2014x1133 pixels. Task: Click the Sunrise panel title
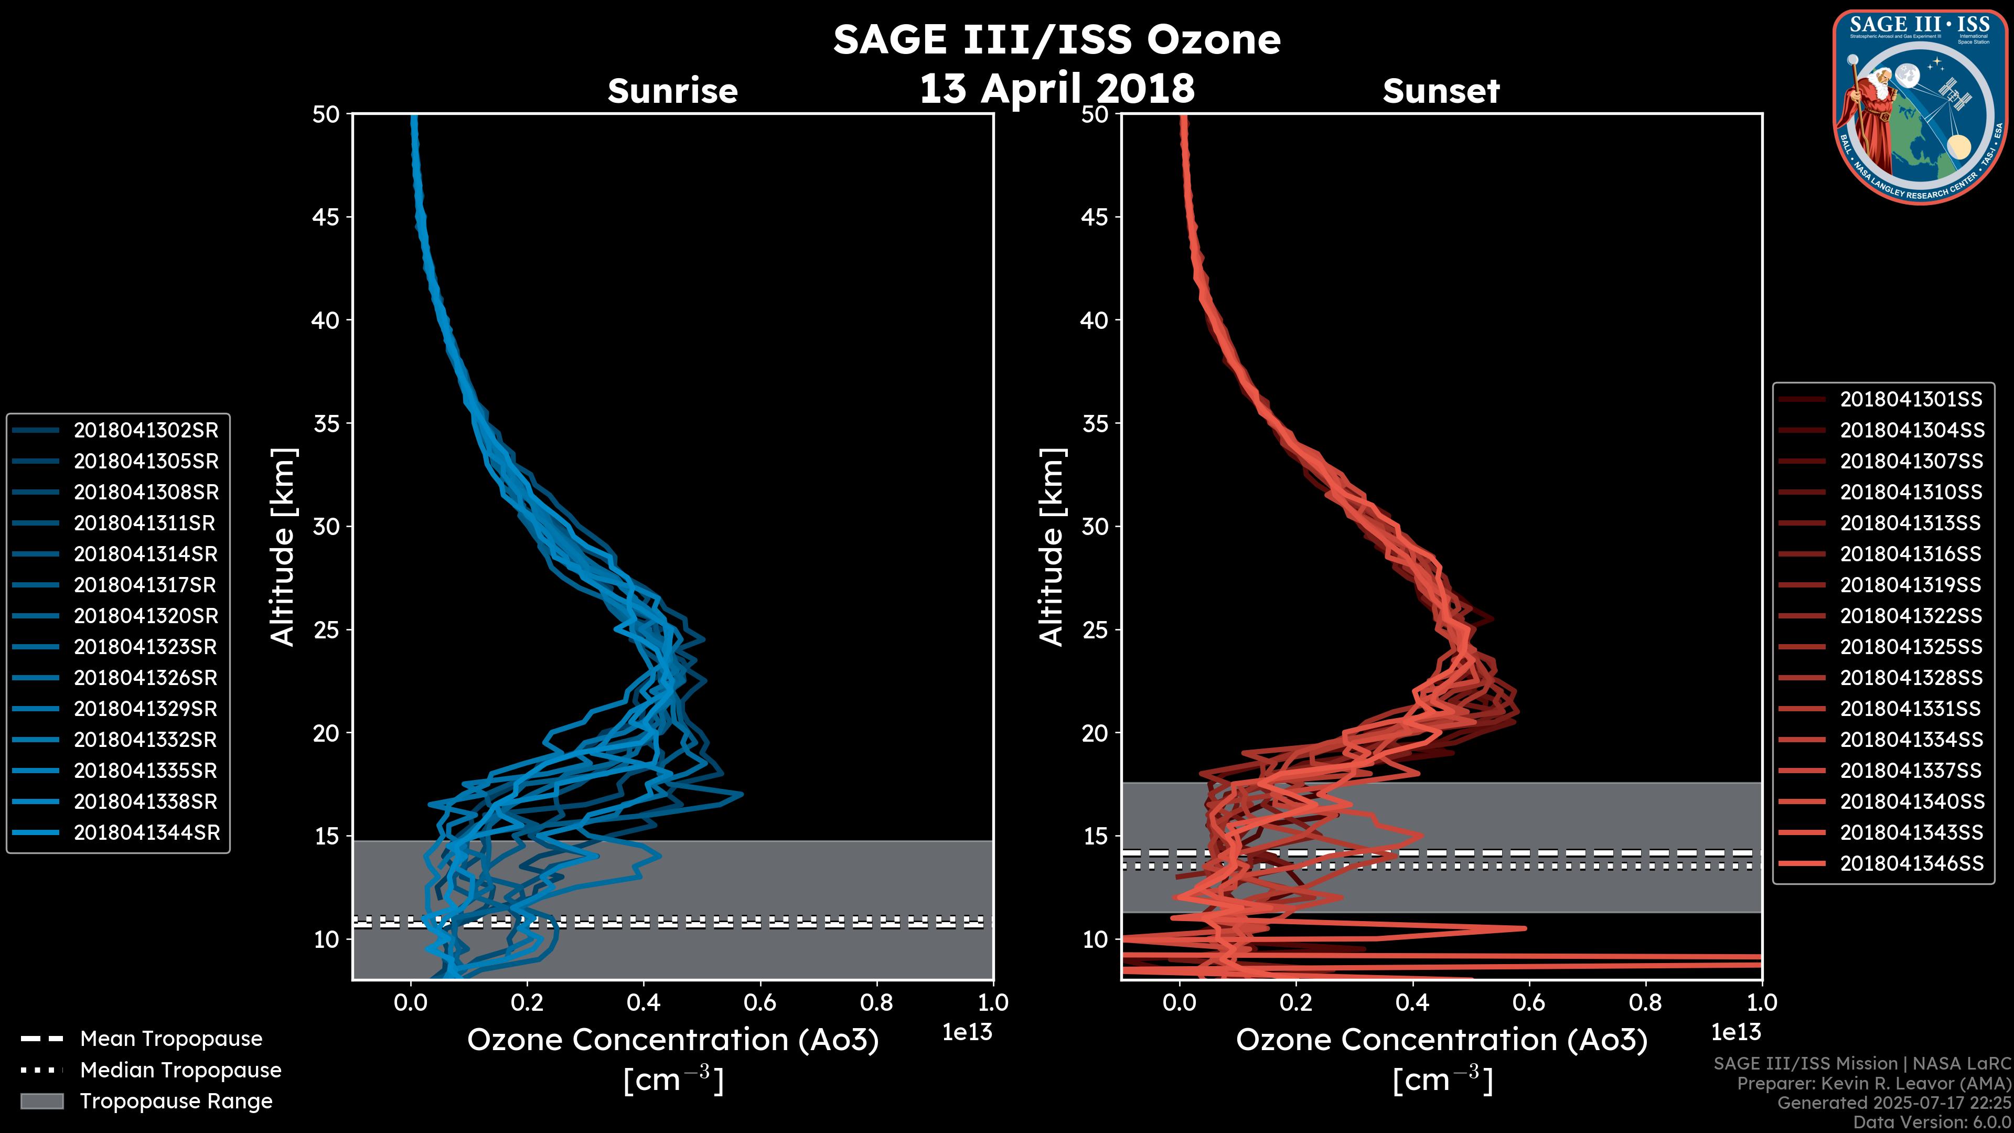[672, 91]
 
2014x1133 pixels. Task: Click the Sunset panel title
[1441, 91]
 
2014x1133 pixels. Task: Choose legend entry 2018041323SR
[145, 647]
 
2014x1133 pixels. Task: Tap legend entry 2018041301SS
[1911, 400]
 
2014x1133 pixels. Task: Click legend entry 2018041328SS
[1911, 678]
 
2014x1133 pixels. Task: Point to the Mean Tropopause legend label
[171, 1039]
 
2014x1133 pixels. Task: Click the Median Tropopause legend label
[180, 1070]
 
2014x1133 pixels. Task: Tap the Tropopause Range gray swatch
[42, 1101]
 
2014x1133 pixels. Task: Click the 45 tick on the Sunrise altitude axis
[327, 217]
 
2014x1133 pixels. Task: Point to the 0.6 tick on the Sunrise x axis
[760, 1002]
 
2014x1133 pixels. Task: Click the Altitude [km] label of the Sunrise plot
[283, 547]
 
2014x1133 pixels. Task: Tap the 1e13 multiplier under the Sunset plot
[1736, 1032]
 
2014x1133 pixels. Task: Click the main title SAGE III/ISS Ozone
[1056, 39]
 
